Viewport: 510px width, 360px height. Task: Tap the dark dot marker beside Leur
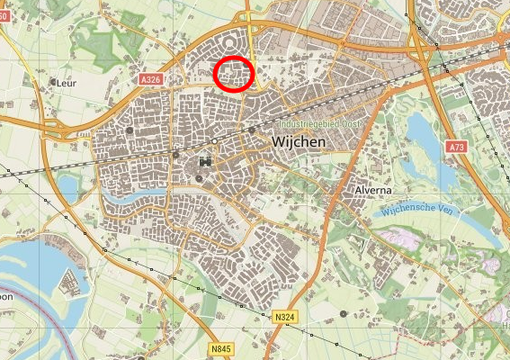(x=51, y=83)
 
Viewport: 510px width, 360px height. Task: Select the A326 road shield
(x=151, y=80)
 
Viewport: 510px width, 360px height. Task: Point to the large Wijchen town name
(x=297, y=143)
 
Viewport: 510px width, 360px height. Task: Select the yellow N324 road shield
(x=285, y=317)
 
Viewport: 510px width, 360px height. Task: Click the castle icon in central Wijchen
(x=206, y=162)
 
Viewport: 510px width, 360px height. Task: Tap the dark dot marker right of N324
(x=344, y=313)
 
